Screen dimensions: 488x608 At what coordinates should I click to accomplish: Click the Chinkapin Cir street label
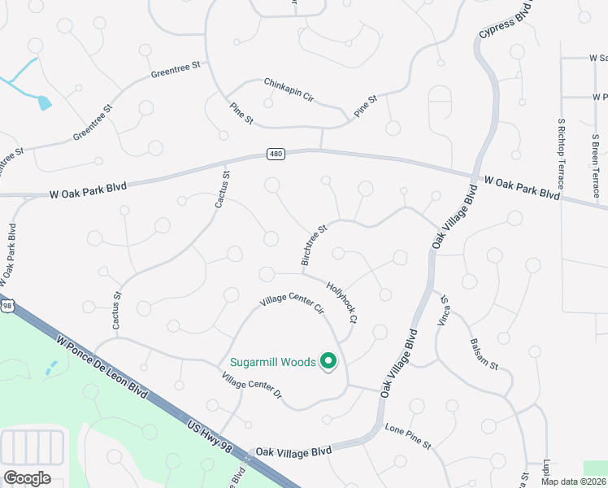tap(289, 89)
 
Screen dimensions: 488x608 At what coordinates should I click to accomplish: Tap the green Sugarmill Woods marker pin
tap(328, 360)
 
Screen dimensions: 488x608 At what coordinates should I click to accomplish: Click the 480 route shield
tap(276, 155)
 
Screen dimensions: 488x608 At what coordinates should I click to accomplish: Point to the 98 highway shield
tap(7, 305)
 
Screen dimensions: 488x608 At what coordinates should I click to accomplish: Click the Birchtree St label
tap(313, 245)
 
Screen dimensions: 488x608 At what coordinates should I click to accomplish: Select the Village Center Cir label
tap(292, 303)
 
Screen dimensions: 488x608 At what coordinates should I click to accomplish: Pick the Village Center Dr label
tap(251, 386)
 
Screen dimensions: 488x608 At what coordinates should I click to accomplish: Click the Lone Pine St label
tap(407, 436)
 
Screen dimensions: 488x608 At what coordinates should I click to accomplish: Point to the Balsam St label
tap(484, 351)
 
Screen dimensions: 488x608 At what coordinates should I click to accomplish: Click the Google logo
tap(27, 477)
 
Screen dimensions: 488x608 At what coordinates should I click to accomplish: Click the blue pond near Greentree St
tap(44, 102)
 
